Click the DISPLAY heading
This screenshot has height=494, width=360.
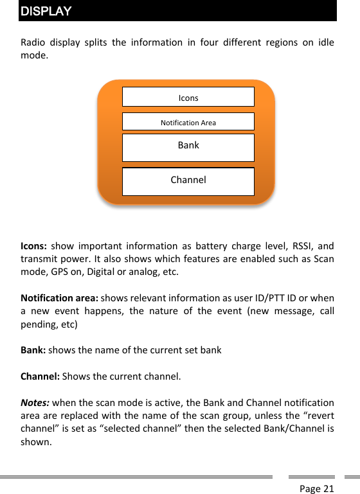point(46,12)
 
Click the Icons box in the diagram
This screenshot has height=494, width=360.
point(188,97)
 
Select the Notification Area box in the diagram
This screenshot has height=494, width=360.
point(188,122)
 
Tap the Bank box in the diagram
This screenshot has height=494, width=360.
point(188,146)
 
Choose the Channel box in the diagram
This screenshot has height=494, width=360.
point(188,181)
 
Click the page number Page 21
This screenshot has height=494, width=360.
point(317,489)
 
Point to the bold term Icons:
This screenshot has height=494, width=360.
point(33,246)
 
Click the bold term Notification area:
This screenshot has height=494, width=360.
point(60,298)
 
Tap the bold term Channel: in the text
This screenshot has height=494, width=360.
point(40,376)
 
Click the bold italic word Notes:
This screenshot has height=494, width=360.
point(35,403)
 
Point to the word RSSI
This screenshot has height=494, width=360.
point(306,246)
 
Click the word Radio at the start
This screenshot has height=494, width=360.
point(33,43)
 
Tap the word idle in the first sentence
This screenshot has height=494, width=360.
point(327,43)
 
